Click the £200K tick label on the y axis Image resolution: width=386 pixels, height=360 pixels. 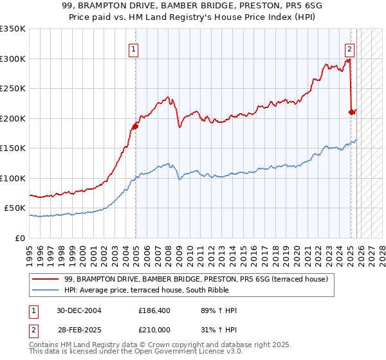tap(13, 118)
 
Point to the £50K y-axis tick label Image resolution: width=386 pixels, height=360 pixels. tap(15, 208)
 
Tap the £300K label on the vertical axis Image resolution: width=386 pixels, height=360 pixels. tap(13, 59)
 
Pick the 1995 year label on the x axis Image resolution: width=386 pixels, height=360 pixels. tap(30, 251)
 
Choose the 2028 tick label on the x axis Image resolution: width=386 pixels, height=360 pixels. tap(382, 251)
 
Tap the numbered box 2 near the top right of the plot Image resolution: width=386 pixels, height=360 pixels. tap(349, 48)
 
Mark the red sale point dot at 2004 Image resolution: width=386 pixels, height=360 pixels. tap(136, 126)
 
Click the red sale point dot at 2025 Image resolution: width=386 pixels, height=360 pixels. tap(351, 112)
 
